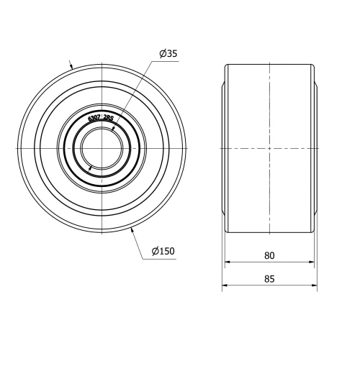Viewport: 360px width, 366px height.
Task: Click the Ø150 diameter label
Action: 163,251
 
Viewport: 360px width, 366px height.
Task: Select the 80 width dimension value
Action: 269,255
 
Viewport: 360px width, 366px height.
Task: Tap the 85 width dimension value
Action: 269,279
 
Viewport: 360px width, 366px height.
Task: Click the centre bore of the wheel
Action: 102,148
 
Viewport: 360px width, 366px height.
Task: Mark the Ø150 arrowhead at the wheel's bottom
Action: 132,230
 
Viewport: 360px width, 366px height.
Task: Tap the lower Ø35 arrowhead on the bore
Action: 90,167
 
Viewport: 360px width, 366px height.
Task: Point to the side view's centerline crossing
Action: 269,148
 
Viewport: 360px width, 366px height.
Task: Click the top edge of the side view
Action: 269,64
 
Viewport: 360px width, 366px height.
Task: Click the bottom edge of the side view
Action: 269,233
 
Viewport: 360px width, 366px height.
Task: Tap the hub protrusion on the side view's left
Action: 224,148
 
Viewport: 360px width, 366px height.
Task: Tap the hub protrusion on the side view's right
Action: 315,148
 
